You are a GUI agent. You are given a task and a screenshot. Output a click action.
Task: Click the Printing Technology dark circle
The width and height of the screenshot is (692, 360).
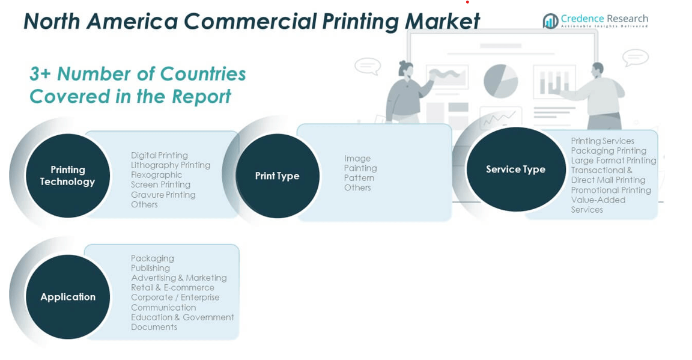67,175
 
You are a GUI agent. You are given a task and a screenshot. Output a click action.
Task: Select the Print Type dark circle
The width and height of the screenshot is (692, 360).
277,176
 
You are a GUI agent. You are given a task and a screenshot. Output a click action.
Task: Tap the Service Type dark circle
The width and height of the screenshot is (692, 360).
516,169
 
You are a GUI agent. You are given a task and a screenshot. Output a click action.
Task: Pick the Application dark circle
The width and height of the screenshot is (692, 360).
67,297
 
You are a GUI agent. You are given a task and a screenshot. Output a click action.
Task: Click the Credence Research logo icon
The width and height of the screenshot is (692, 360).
550,21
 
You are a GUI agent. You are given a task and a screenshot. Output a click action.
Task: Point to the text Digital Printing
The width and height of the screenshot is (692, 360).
159,155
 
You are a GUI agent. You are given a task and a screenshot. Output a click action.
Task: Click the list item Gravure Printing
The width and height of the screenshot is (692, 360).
163,194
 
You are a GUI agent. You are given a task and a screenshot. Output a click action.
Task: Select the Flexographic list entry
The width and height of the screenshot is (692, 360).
156,175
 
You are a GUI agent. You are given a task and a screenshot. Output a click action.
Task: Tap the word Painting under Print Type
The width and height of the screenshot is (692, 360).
360,168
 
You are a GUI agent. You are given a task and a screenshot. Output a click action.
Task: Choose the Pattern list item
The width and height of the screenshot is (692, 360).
359,177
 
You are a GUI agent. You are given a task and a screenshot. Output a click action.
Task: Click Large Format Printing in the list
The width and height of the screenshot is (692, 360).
613,160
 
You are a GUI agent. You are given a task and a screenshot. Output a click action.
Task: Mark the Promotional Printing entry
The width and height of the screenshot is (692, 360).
611,190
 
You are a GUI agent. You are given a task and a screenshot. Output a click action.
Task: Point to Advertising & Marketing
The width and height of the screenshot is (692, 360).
179,278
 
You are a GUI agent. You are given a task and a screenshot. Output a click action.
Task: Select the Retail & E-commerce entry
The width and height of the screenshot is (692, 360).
172,287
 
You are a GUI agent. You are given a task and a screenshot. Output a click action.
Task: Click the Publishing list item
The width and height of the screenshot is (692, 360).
150,268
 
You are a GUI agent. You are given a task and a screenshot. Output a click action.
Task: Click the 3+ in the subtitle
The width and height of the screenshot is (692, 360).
40,74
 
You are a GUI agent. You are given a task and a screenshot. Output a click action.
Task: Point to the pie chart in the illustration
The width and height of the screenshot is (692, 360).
500,81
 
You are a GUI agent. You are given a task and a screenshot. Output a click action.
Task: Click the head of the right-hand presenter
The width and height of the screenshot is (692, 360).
597,69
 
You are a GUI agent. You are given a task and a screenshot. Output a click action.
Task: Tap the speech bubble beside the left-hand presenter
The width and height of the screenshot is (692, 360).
368,66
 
